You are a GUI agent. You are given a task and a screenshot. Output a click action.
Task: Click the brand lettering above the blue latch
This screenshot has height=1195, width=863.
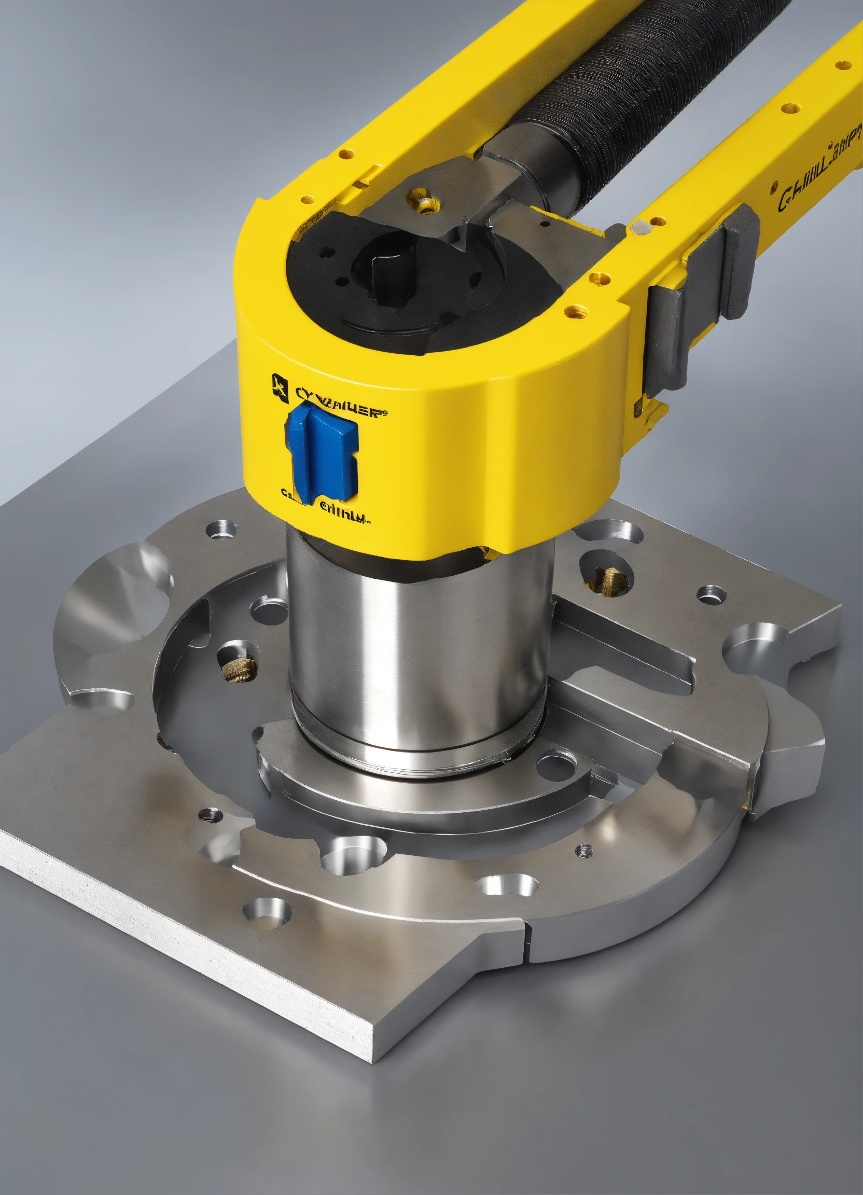[x=337, y=410]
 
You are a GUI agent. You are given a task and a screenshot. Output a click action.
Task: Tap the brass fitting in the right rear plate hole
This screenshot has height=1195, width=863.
[x=611, y=579]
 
